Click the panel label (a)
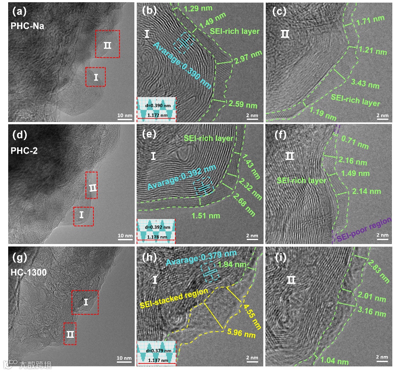[19, 12]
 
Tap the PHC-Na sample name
[27, 26]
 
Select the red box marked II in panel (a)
[108, 44]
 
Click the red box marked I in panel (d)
[83, 216]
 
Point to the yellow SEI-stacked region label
[174, 298]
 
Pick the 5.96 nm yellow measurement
[242, 332]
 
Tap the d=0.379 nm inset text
[156, 347]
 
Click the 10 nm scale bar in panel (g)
[125, 358]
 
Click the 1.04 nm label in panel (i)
[334, 361]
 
